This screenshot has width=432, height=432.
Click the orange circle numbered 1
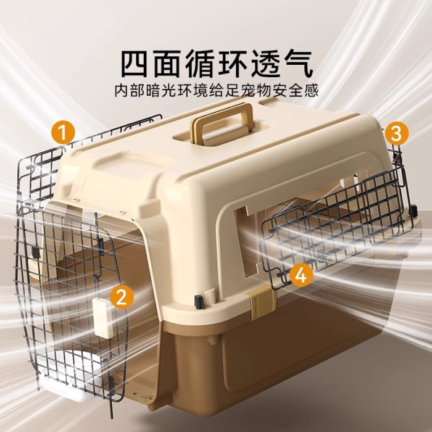tap(63, 132)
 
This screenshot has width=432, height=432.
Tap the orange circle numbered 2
tap(122, 297)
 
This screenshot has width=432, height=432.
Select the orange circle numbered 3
tap(396, 133)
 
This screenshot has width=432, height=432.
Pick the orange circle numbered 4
tap(301, 275)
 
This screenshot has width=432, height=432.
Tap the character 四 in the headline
tap(135, 64)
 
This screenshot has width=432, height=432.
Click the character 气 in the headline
tap(298, 64)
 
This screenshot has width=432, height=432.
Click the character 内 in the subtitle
tap(122, 90)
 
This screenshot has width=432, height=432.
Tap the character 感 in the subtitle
tap(311, 90)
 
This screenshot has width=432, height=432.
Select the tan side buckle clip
tap(260, 303)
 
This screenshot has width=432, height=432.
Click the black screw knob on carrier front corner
tap(199, 301)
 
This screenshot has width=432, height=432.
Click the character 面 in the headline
tap(167, 64)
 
